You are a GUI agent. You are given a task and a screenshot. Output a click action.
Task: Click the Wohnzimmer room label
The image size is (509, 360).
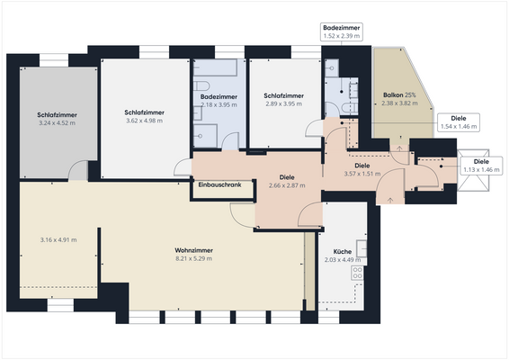[x=193, y=250]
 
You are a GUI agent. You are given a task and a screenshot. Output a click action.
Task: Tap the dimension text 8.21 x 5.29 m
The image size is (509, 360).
[x=193, y=258]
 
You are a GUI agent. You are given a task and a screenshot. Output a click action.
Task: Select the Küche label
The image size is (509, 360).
[x=343, y=251]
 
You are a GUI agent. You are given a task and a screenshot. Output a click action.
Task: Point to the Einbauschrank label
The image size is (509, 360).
[x=219, y=184]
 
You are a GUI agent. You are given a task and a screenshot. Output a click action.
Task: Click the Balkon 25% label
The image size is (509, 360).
[x=399, y=94]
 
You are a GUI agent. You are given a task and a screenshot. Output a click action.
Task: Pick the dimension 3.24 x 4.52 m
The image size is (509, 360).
[x=58, y=123]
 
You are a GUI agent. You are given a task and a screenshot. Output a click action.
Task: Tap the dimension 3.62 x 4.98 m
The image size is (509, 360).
[x=145, y=121]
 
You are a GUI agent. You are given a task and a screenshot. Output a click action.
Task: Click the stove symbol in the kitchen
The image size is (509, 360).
[x=357, y=273]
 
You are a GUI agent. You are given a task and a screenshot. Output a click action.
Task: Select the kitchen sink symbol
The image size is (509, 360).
[x=362, y=248]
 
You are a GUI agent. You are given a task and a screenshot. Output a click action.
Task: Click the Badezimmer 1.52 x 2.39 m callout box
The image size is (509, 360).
[x=342, y=31]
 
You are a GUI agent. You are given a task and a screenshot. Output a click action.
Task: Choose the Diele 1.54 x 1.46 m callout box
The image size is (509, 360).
[x=459, y=122]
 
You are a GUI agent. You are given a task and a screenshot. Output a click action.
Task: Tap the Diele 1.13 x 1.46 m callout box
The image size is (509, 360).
[x=481, y=166]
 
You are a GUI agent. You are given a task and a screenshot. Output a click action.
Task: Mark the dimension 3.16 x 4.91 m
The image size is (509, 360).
[x=58, y=240]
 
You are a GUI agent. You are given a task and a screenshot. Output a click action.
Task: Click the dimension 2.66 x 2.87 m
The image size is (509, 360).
[x=287, y=185]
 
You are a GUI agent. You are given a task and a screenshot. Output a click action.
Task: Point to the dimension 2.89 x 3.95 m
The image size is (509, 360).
[x=283, y=104]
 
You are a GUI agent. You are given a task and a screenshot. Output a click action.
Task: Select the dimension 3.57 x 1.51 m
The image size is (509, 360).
[x=362, y=174]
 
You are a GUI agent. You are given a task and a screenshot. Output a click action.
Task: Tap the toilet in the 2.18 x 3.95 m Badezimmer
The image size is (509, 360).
[x=201, y=86]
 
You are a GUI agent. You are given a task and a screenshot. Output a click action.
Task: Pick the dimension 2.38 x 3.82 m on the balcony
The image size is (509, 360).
[x=399, y=103]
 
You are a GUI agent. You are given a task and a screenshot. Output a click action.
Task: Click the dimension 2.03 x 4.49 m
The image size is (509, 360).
[x=343, y=260]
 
